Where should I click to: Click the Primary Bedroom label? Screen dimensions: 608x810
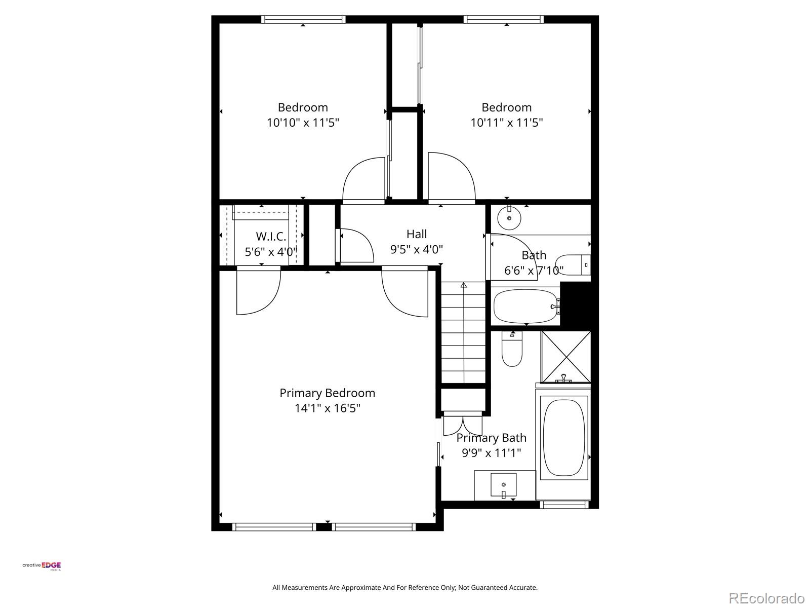(327, 393)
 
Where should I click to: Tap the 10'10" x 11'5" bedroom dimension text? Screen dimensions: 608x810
(303, 123)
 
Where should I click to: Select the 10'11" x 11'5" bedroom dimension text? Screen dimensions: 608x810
(506, 123)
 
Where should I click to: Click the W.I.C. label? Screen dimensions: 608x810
(271, 237)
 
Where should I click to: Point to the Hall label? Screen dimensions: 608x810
(417, 234)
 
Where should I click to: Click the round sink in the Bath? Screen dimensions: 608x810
(509, 218)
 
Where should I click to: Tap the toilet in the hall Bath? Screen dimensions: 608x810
(574, 264)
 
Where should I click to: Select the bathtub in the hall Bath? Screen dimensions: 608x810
(525, 306)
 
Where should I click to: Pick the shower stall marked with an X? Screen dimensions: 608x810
(565, 356)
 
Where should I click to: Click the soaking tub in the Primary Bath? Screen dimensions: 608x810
(563, 438)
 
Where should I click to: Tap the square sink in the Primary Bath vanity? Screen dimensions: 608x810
(503, 485)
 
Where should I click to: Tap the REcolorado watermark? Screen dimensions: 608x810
(766, 598)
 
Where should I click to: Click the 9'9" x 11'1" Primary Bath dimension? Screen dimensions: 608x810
(491, 453)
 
